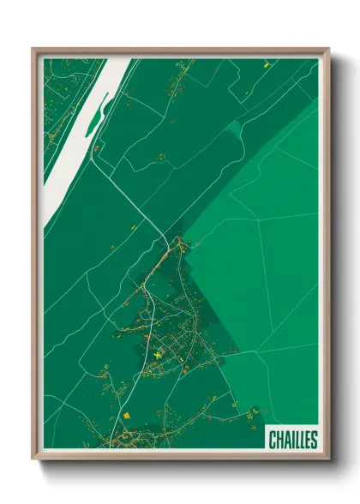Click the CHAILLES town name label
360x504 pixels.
coord(292,440)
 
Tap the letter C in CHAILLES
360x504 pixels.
coord(272,440)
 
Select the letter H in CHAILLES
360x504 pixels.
coord(279,440)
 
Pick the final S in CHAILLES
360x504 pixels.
coord(314,440)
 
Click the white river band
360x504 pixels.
coord(81,129)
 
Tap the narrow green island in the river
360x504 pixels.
coord(93,119)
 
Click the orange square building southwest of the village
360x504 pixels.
coord(127,414)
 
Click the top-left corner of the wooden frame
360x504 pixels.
coord(33,50)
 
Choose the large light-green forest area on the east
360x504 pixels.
coord(266,240)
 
